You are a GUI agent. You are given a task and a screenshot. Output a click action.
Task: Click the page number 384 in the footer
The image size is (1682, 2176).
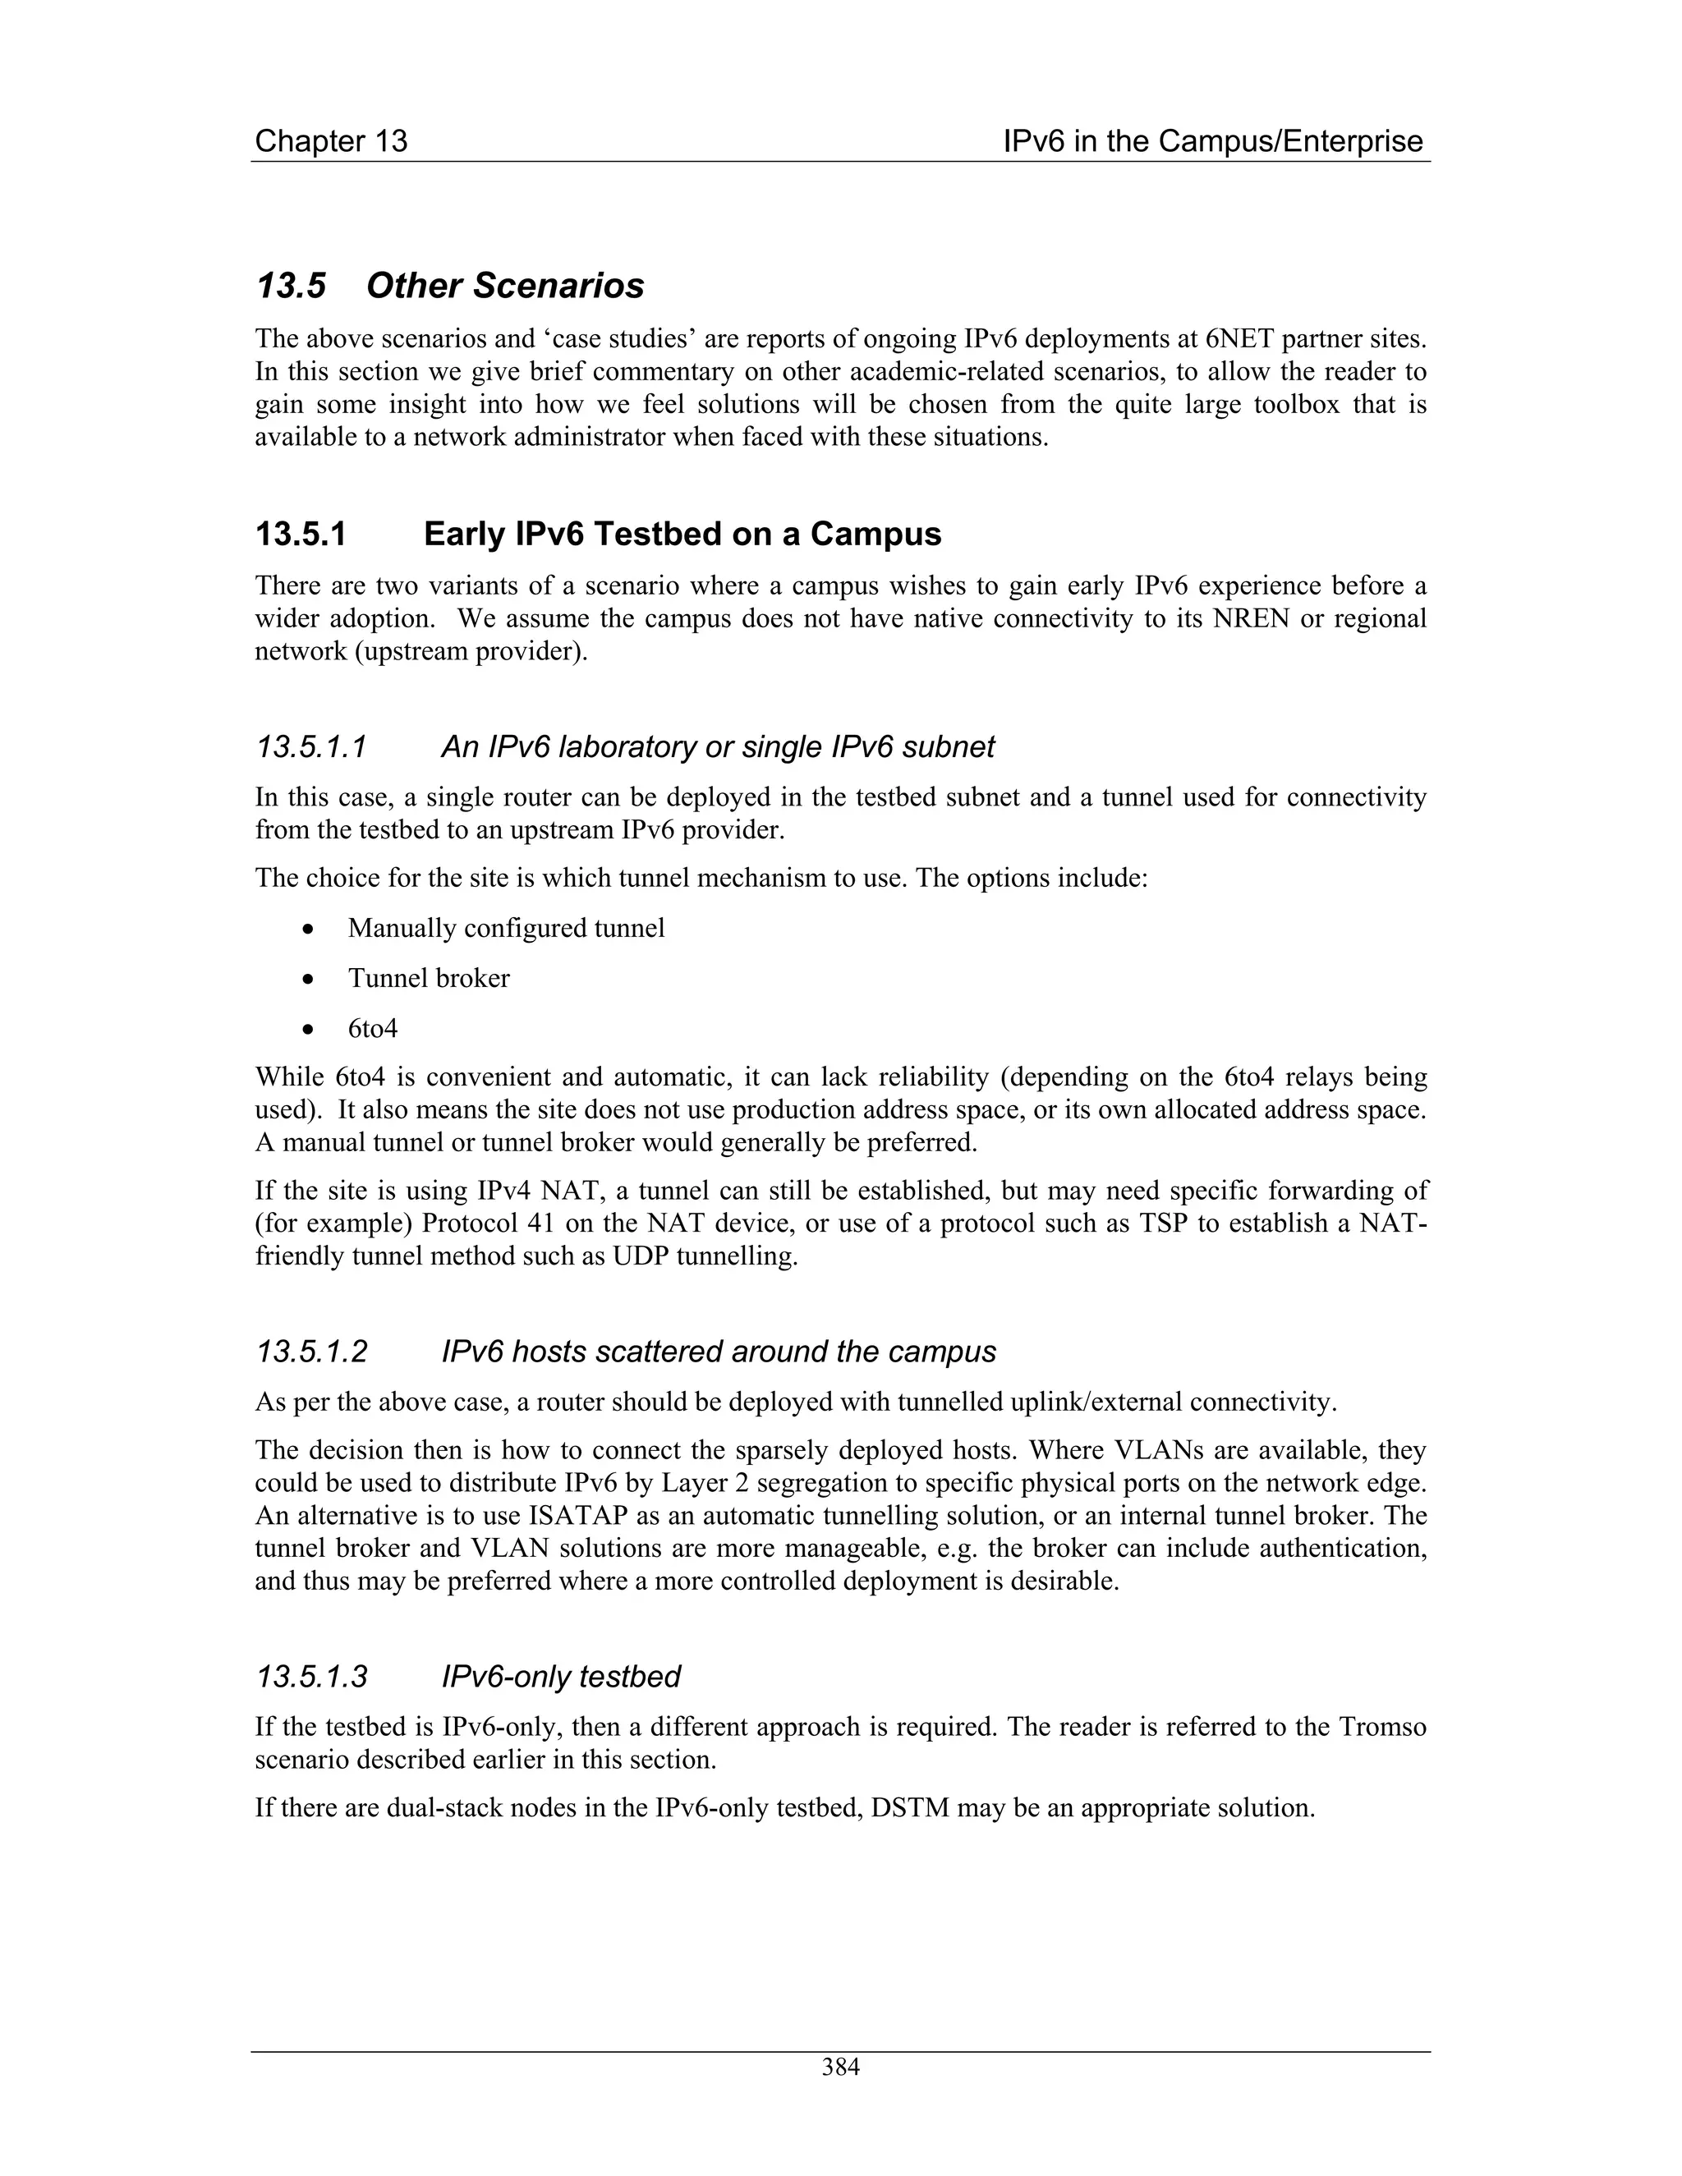pyautogui.click(x=840, y=2068)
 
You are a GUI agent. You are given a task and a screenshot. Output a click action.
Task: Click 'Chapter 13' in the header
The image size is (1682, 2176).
pyautogui.click(x=331, y=141)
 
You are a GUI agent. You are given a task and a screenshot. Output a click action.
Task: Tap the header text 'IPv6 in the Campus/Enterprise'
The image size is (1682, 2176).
pyautogui.click(x=1213, y=141)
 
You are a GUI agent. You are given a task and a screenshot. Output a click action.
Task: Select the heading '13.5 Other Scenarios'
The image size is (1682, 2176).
pyautogui.click(x=449, y=286)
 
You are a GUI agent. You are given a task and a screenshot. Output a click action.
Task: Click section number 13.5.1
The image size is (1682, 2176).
pyautogui.click(x=301, y=535)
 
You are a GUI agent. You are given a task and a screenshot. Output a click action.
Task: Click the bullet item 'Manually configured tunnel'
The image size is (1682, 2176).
pyautogui.click(x=505, y=929)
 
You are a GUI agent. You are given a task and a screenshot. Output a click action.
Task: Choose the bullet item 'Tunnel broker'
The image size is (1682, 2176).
pyautogui.click(x=429, y=979)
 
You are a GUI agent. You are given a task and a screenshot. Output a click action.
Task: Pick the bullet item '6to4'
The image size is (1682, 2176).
pyautogui.click(x=372, y=1028)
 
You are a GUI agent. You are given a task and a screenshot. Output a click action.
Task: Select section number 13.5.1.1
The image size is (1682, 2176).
pyautogui.click(x=312, y=747)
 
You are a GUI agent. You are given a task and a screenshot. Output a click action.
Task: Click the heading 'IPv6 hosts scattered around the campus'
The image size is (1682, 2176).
pyautogui.click(x=718, y=1352)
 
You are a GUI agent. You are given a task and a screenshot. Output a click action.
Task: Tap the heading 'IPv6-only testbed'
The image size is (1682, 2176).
pyautogui.click(x=560, y=1677)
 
